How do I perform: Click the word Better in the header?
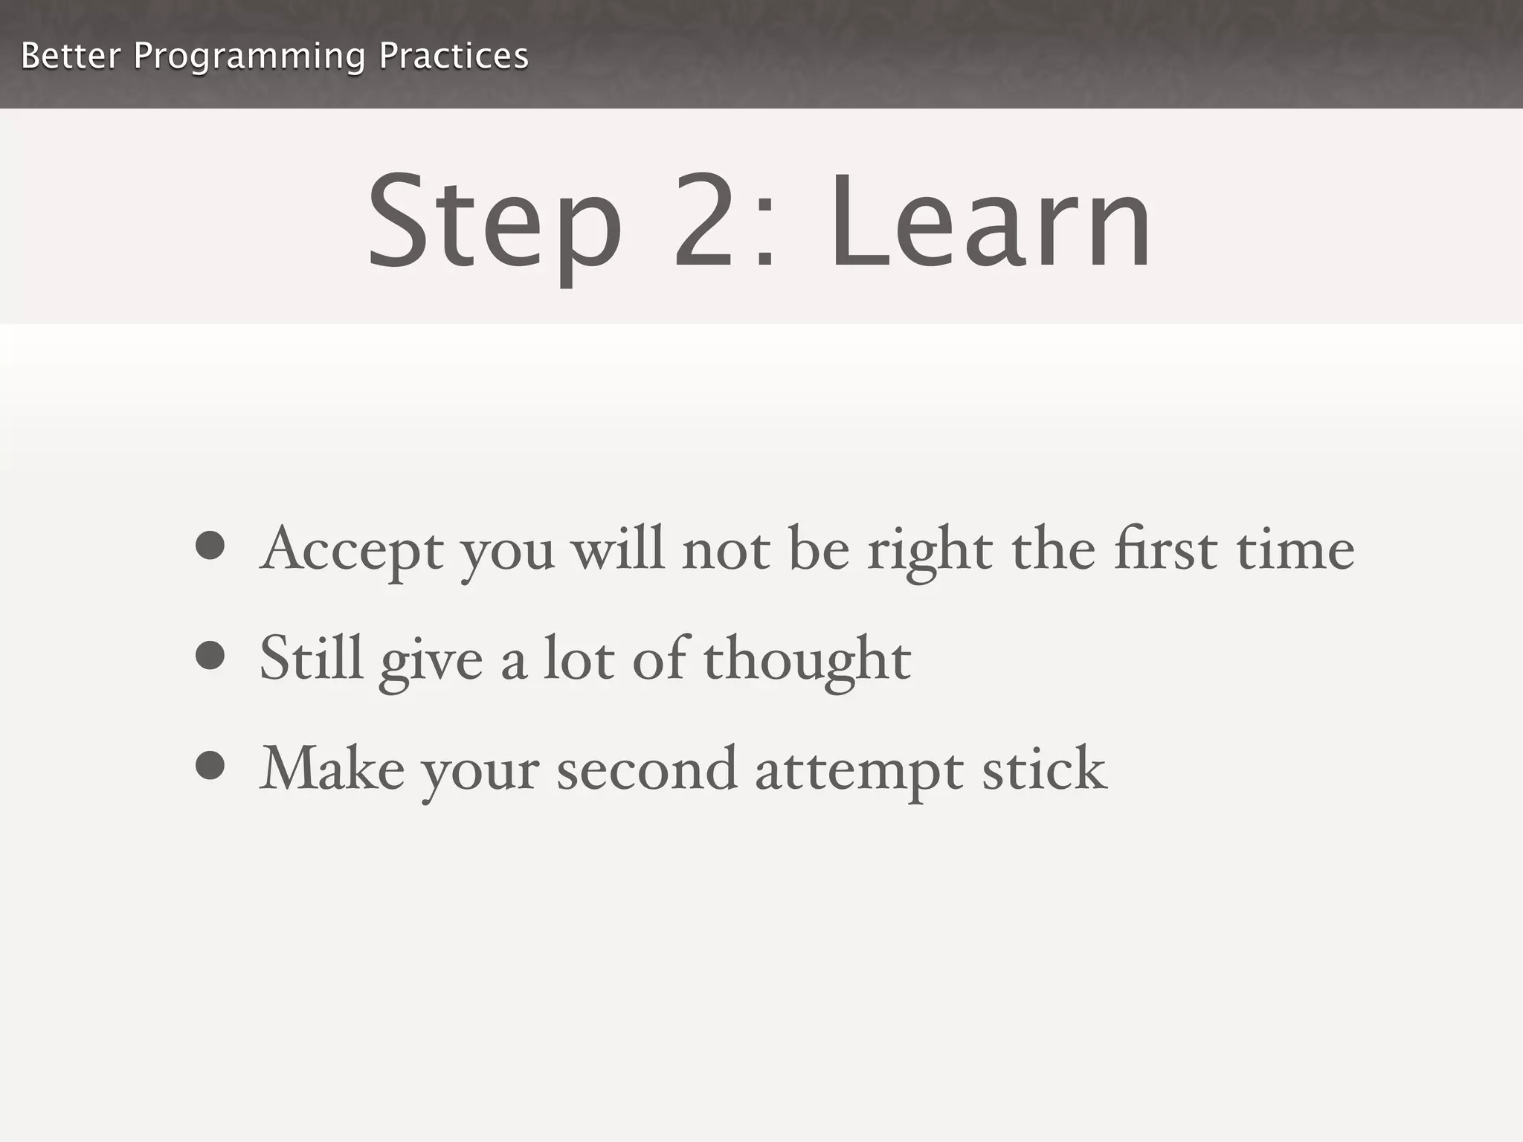(x=71, y=56)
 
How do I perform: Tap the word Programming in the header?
(x=249, y=57)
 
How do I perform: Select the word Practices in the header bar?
(x=454, y=56)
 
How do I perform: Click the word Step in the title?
(x=495, y=223)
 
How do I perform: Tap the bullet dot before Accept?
(x=210, y=546)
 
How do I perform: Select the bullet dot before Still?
(x=210, y=656)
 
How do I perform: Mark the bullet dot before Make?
(x=210, y=766)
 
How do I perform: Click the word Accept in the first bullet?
(x=352, y=550)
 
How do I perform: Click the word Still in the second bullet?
(x=311, y=658)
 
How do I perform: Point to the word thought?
(x=807, y=660)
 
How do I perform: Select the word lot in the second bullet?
(x=579, y=658)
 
